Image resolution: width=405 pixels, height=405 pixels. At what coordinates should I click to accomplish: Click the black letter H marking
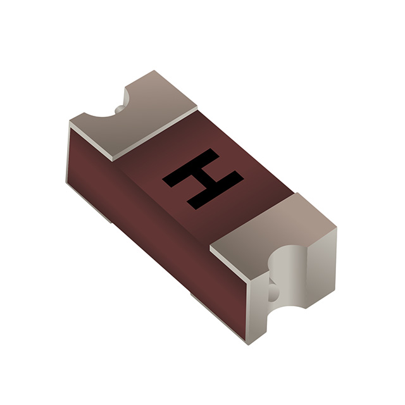[202, 178]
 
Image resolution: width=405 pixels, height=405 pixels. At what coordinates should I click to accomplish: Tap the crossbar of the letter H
[202, 178]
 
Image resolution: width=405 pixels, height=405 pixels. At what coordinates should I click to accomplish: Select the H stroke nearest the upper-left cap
[189, 166]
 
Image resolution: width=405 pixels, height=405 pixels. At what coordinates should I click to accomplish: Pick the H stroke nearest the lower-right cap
[216, 192]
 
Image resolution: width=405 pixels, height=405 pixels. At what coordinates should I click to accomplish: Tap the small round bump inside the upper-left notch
[120, 109]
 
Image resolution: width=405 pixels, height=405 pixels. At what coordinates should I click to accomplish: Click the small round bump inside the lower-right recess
[273, 292]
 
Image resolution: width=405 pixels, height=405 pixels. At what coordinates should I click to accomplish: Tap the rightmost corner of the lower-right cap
[336, 229]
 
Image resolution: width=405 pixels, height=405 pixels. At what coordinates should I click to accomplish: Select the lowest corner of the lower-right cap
[248, 344]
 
